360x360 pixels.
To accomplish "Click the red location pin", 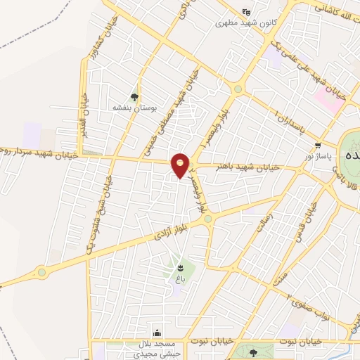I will [181, 165].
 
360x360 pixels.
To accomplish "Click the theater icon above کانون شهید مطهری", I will [245, 11].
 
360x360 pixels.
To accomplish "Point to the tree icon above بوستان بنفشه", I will [134, 97].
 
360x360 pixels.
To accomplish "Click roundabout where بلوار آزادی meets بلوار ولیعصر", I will [207, 219].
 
